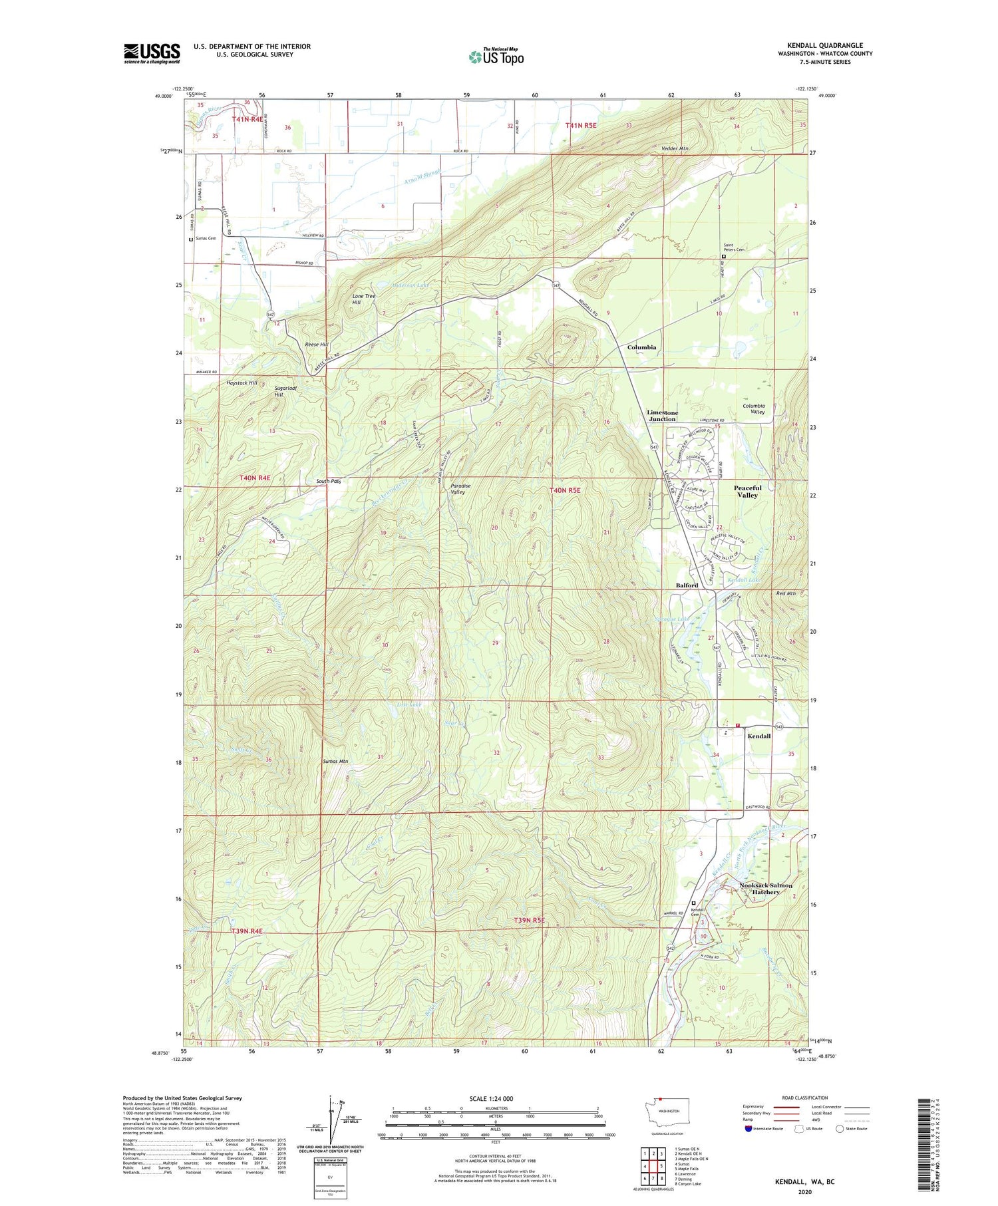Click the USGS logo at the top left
pos(152,53)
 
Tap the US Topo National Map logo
pos(496,57)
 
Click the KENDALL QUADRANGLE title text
pos(824,46)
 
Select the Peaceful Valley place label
pos(747,491)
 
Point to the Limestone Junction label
pos(661,416)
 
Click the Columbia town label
pos(641,347)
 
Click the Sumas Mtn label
pos(335,761)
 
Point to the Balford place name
pos(687,585)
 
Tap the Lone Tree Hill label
pos(364,299)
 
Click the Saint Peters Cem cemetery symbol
pos(724,257)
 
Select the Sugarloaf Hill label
pos(285,391)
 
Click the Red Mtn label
pos(786,593)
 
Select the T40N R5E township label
pos(565,490)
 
